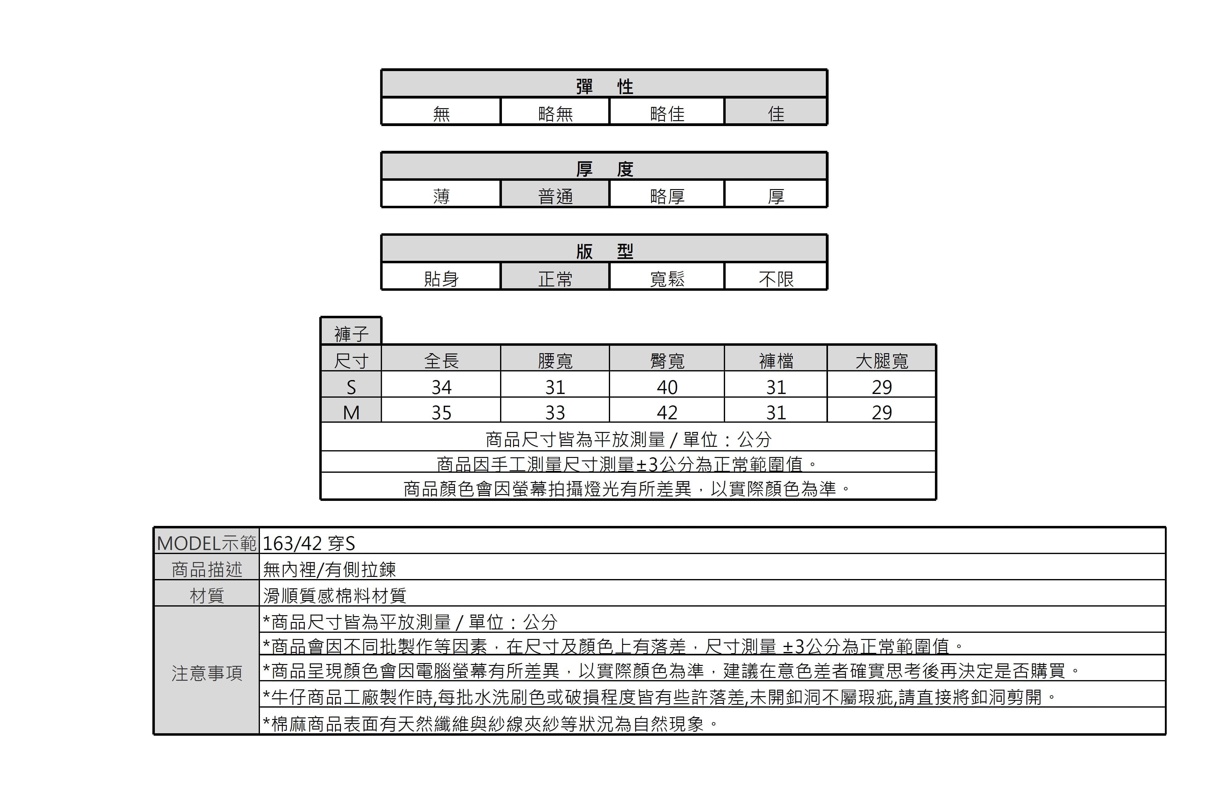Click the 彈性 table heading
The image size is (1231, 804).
click(x=604, y=86)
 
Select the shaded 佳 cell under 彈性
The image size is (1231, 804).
click(x=776, y=112)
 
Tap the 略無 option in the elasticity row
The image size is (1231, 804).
click(x=555, y=113)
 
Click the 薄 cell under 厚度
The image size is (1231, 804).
click(x=441, y=196)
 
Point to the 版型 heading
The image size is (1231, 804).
click(x=604, y=251)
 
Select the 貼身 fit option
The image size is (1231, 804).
click(x=441, y=279)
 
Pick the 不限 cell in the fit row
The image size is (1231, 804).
click(x=776, y=279)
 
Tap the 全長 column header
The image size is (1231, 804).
click(x=441, y=360)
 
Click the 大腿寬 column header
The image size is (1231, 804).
click(x=882, y=360)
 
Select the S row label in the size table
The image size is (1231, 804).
click(x=351, y=387)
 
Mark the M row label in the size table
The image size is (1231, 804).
click(x=351, y=413)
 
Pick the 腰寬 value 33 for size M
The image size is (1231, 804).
click(x=555, y=413)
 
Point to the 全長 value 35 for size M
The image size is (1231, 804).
click(x=441, y=413)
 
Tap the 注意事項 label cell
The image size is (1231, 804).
click(x=206, y=673)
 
